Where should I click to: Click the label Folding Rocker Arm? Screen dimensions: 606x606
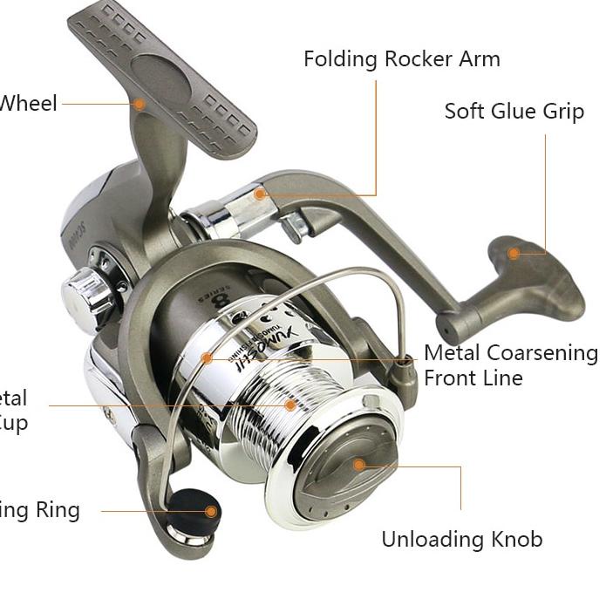(401, 59)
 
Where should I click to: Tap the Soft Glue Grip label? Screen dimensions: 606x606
(514, 112)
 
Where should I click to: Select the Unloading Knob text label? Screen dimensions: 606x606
(461, 539)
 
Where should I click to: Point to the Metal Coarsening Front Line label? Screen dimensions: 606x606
(510, 365)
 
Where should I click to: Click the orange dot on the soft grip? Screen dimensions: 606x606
(514, 253)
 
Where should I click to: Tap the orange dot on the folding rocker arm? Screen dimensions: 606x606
(260, 194)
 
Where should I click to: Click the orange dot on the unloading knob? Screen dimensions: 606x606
(358, 465)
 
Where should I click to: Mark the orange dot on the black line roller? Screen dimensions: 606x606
(211, 511)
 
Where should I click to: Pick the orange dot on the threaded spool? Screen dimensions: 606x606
(290, 405)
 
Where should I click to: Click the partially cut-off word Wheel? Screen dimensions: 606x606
(29, 103)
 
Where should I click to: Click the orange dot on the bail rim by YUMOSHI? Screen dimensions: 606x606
(207, 357)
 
